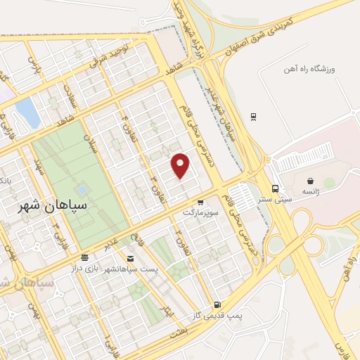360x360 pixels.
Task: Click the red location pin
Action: click(181, 164)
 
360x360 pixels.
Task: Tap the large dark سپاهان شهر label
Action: click(52, 206)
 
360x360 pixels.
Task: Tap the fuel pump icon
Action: click(217, 304)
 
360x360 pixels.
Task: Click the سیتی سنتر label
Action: click(274, 198)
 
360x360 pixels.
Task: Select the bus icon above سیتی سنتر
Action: click(275, 188)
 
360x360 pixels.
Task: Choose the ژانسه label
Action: click(310, 191)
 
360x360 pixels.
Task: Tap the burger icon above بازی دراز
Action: click(84, 258)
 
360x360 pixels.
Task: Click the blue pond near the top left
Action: click(27, 112)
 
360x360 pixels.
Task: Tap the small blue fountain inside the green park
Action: click(83, 189)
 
